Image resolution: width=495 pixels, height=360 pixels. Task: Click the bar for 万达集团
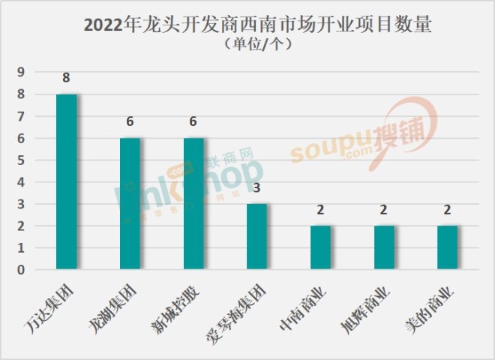click(67, 181)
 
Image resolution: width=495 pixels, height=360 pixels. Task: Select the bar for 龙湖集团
click(130, 203)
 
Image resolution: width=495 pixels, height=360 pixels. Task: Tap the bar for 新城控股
click(193, 203)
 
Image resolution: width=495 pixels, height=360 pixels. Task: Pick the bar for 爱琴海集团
click(257, 236)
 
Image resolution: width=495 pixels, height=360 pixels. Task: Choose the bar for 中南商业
click(321, 247)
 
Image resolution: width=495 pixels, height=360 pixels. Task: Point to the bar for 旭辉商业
click(385, 247)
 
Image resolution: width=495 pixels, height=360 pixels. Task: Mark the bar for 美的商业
click(448, 247)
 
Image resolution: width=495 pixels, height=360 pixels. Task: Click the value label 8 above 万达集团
click(67, 78)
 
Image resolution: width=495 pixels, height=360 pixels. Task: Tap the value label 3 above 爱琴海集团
click(257, 187)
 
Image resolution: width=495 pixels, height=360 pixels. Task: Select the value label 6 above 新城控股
click(193, 122)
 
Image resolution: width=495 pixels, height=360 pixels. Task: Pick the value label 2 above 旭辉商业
click(385, 210)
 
